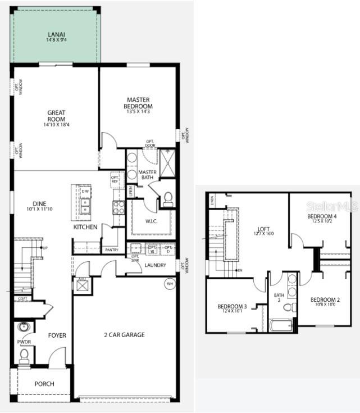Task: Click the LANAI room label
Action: (56, 34)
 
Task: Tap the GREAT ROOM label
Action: (56, 116)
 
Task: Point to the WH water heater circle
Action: (170, 284)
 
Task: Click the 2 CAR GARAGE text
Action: (124, 335)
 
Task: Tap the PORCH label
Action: (44, 384)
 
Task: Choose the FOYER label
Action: (57, 335)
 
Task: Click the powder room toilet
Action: (24, 355)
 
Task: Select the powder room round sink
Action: (24, 326)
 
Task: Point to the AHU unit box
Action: (82, 285)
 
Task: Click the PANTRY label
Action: (111, 249)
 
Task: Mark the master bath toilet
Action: (167, 198)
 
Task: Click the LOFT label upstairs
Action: (264, 229)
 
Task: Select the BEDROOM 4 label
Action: (322, 216)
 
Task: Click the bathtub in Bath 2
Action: (281, 325)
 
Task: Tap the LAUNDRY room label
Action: (156, 265)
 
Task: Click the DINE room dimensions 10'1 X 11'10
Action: (39, 209)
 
